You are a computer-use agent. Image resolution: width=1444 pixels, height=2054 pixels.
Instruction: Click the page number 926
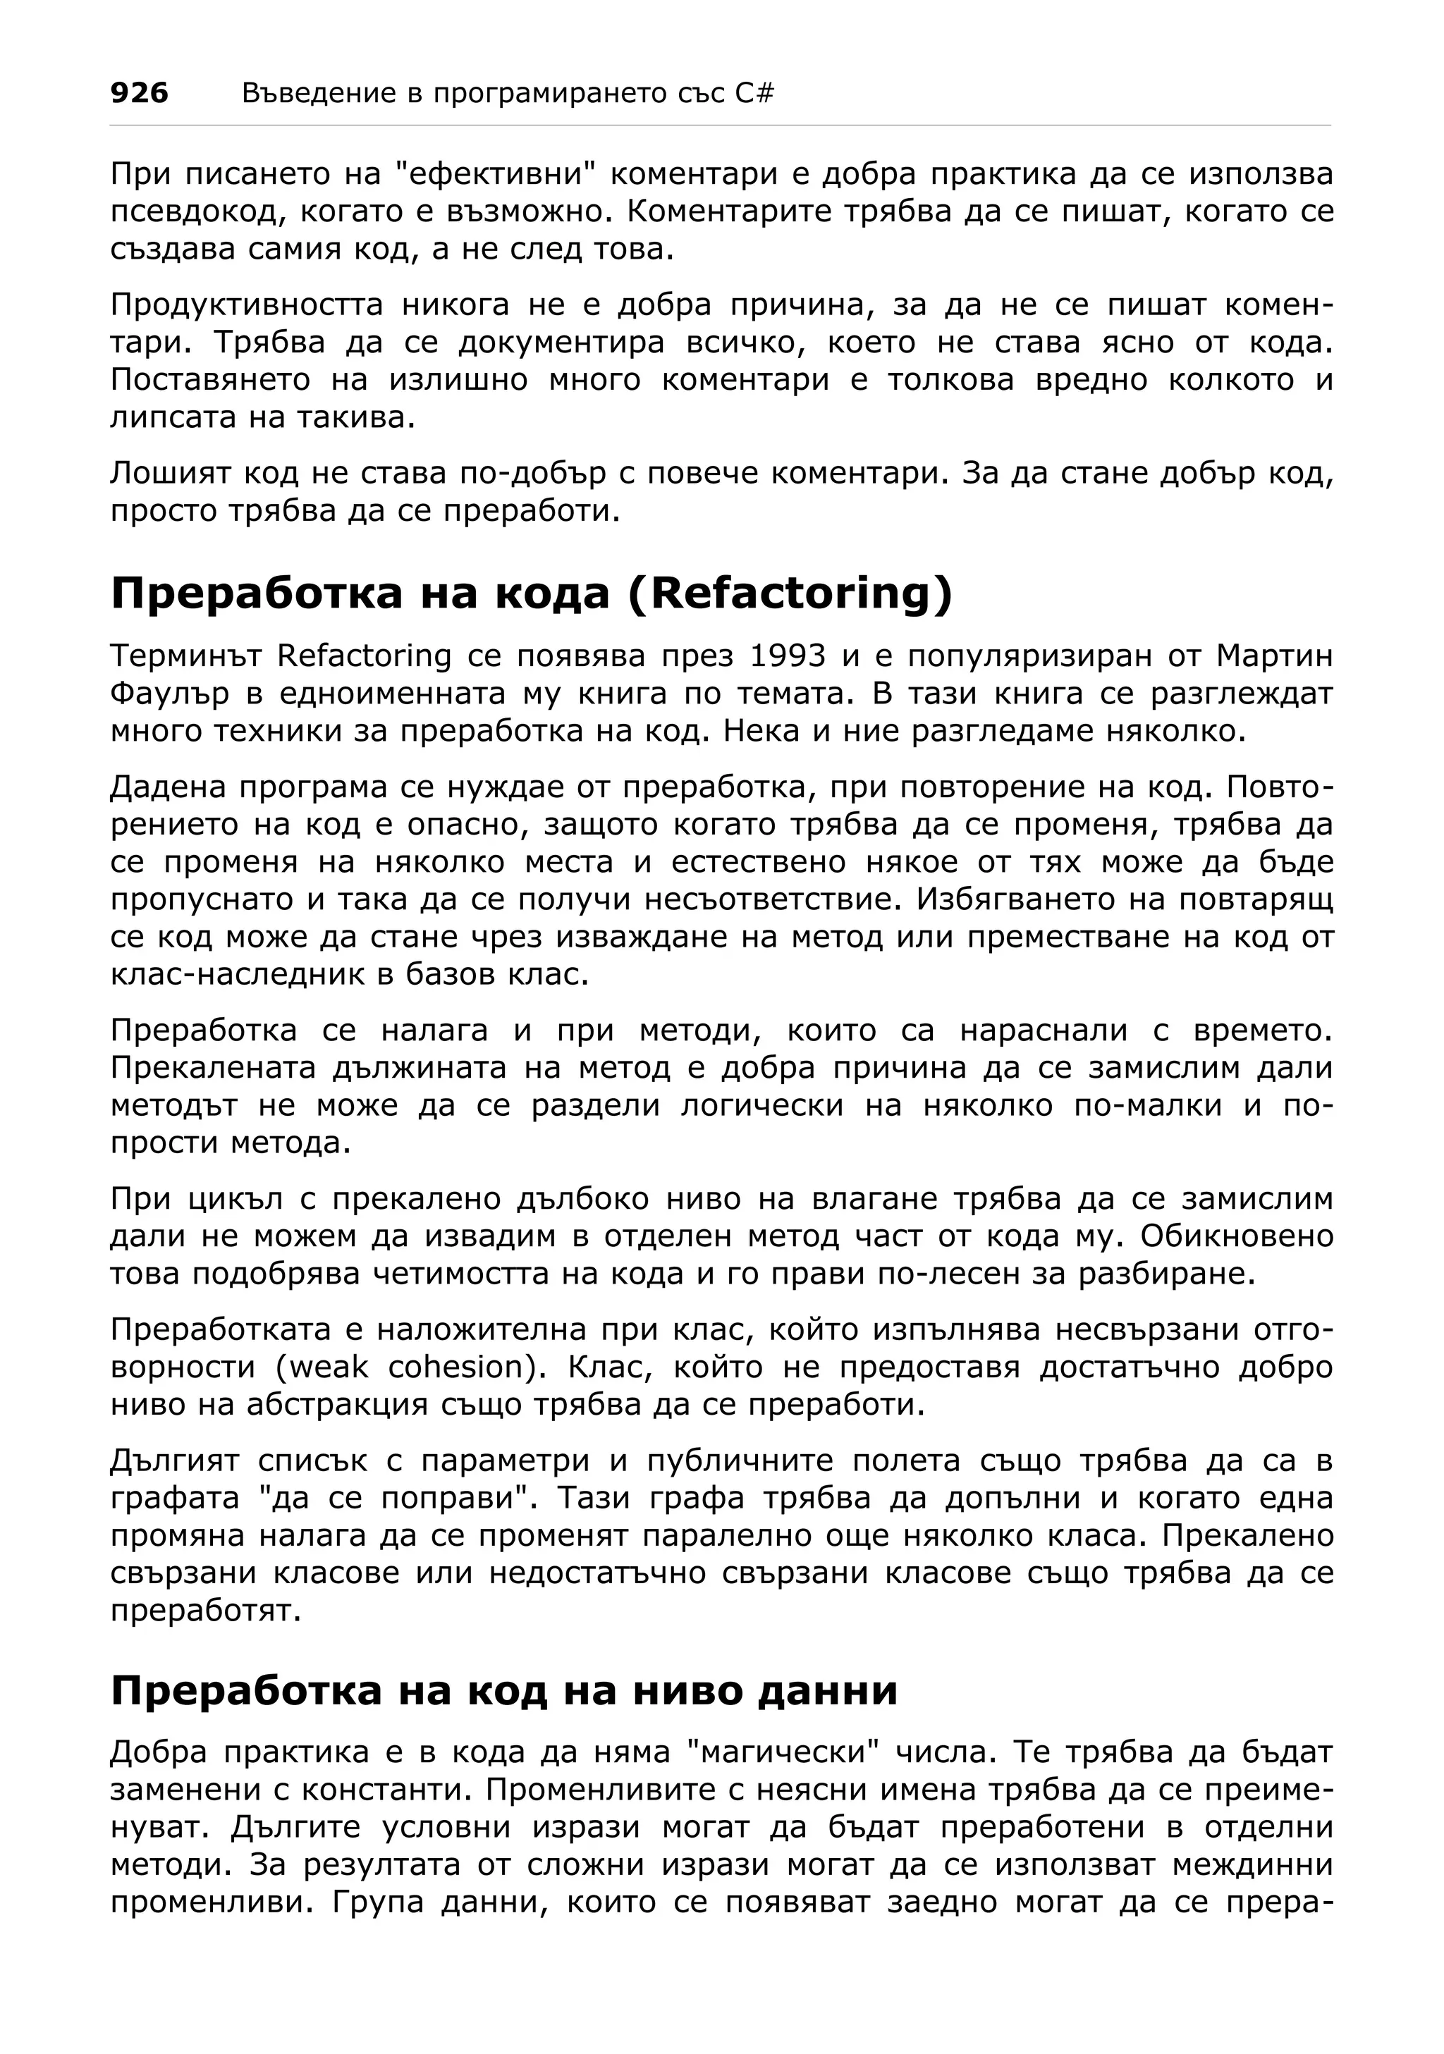pyautogui.click(x=139, y=93)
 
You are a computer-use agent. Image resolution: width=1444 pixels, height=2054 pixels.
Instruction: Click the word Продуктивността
pyautogui.click(x=246, y=305)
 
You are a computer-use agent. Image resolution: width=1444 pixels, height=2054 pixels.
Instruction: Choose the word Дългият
pyautogui.click(x=174, y=1461)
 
